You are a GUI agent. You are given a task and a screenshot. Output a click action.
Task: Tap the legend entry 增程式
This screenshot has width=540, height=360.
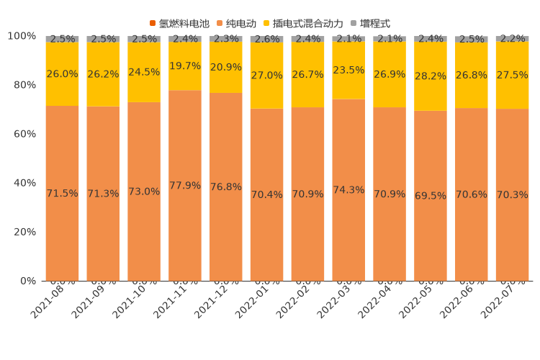pos(374,24)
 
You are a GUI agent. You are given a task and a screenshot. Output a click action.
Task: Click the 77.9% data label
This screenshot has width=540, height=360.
pos(185,186)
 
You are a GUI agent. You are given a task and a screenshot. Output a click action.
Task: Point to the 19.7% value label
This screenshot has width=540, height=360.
pos(185,66)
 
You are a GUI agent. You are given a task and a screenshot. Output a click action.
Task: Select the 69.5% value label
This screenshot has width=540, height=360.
pos(431,196)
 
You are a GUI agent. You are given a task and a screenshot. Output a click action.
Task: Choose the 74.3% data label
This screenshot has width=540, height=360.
pos(348,190)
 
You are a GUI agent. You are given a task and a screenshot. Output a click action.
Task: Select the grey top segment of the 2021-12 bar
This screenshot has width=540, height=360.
pos(226,39)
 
